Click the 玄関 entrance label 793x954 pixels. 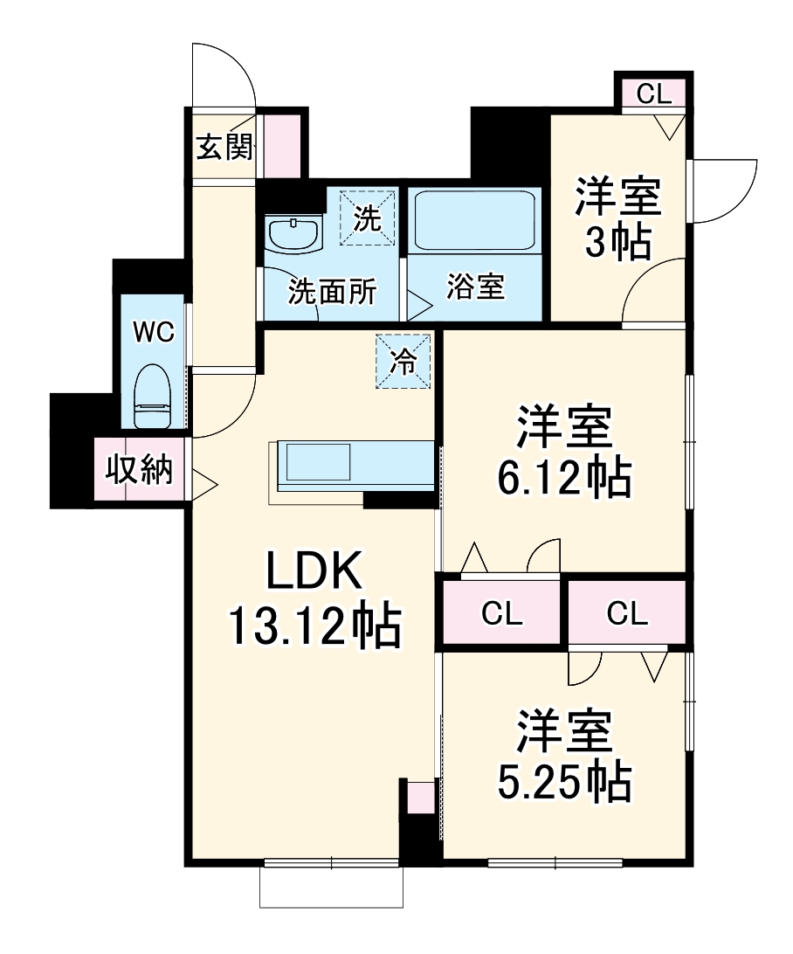[224, 147]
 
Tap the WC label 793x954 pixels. [154, 332]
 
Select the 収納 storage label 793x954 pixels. [139, 470]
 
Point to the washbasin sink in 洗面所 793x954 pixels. [293, 234]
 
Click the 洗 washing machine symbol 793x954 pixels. [368, 218]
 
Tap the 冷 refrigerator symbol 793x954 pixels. [403, 361]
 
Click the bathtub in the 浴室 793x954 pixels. [472, 220]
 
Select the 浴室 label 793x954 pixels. [475, 286]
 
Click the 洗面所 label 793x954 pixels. [332, 292]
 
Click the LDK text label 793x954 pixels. [314, 570]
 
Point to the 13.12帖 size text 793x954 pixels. [314, 626]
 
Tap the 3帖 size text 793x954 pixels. [617, 243]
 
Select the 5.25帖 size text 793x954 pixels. [564, 782]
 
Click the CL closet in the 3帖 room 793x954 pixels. [654, 93]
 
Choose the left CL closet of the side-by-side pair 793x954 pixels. [501, 612]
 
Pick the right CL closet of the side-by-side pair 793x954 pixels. [627, 612]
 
